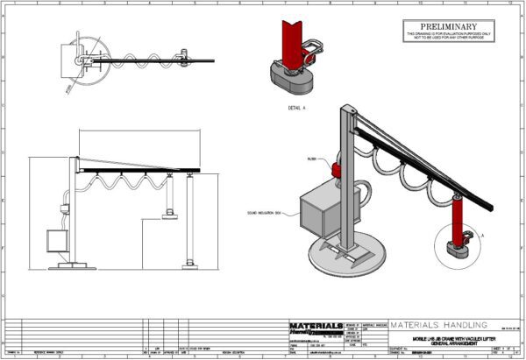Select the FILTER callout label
312,159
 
